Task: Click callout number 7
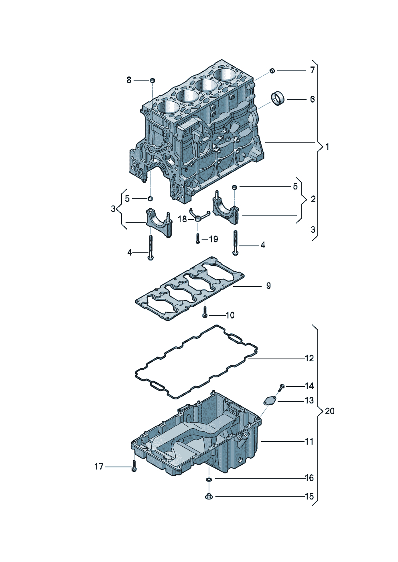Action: [x=312, y=70]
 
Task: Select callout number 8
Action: [x=129, y=80]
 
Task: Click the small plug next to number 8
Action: [x=152, y=81]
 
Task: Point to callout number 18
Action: [x=183, y=220]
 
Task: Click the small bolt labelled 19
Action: [x=197, y=238]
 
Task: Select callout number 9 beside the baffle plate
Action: [x=268, y=286]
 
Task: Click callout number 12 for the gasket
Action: [x=309, y=359]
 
